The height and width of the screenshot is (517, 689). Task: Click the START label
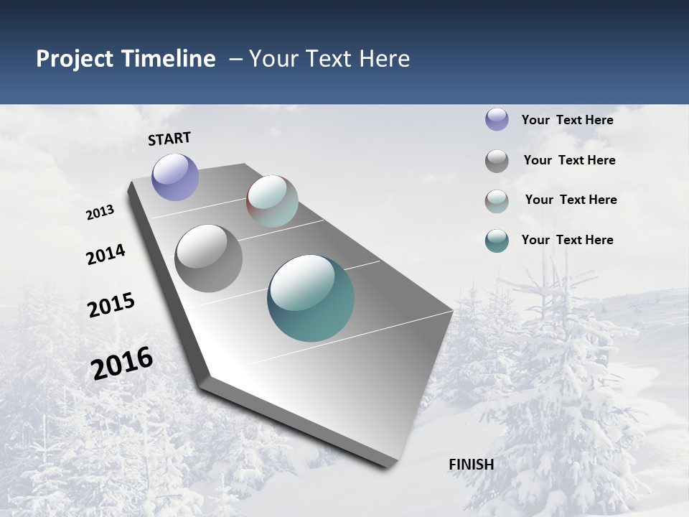click(169, 139)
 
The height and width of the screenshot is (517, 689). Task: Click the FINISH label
click(471, 465)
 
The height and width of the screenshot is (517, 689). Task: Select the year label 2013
click(100, 213)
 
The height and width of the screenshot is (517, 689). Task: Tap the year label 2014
click(106, 255)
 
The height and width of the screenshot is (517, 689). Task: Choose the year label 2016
click(122, 363)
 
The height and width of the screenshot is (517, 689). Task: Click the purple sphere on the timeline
click(175, 177)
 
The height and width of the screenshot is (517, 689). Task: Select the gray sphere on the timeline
click(208, 258)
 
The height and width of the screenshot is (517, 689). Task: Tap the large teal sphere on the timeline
click(311, 298)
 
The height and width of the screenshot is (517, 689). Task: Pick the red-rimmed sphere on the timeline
click(272, 201)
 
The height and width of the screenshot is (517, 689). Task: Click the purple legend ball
click(497, 119)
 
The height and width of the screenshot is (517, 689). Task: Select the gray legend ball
click(497, 161)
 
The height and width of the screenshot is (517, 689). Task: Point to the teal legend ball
click(497, 241)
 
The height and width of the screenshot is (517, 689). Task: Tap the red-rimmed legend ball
click(497, 201)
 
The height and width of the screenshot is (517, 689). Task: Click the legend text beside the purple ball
click(567, 120)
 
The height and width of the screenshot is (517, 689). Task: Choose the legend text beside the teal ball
click(567, 240)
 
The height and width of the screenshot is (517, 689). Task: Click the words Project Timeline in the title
click(126, 59)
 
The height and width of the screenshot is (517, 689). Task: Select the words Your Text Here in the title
click(329, 59)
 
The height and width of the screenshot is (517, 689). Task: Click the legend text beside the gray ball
click(569, 160)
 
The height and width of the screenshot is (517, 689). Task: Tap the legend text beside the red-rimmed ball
click(571, 200)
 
